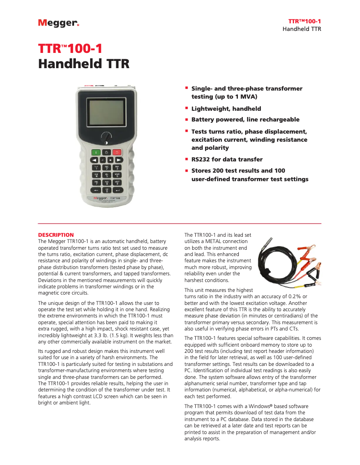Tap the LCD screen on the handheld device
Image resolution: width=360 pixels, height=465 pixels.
point(105,112)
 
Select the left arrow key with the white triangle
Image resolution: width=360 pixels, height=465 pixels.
point(95,160)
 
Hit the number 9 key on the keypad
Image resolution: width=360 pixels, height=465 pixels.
point(117,183)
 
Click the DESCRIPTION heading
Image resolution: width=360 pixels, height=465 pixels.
point(56,235)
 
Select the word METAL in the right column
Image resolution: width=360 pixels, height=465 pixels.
point(217,241)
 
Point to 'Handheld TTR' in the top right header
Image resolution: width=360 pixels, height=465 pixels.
point(302,29)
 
